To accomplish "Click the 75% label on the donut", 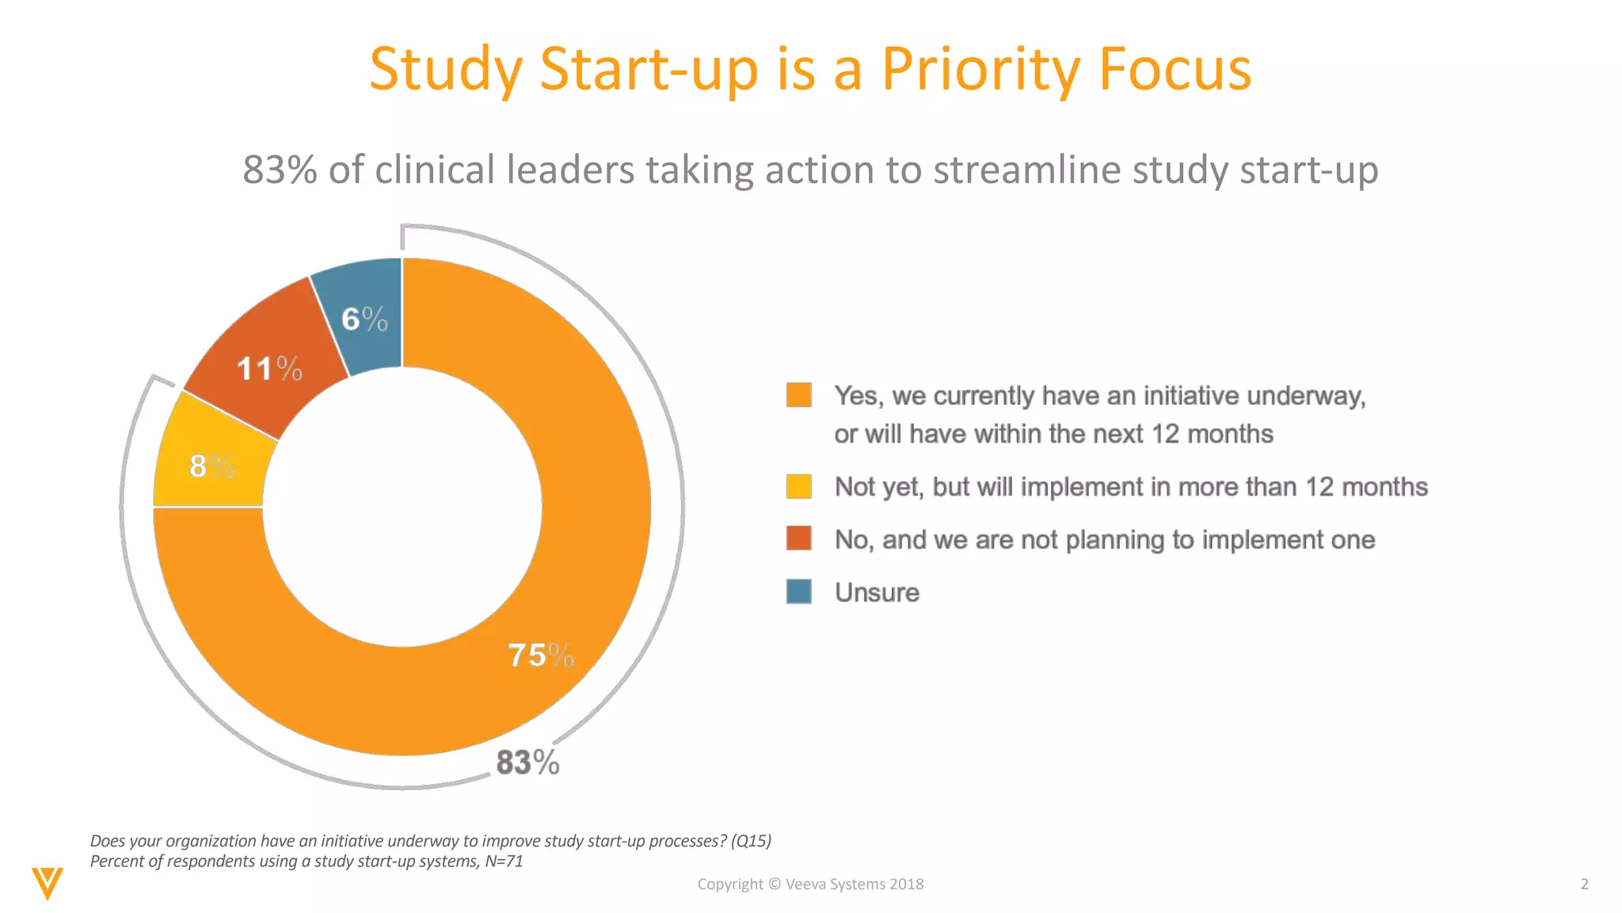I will point(540,655).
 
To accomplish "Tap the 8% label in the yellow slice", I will point(212,466).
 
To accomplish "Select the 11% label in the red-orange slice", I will point(269,369).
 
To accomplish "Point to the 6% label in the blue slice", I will point(364,319).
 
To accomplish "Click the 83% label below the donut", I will point(527,762).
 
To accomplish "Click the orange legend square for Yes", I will point(798,395).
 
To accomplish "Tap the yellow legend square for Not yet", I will point(798,487).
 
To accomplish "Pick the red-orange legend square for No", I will point(798,538).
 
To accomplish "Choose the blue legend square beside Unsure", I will point(798,591).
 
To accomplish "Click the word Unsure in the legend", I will point(877,593).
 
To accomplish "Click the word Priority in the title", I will point(980,70).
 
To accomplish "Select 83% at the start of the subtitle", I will point(280,170).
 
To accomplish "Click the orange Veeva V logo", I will point(48,882).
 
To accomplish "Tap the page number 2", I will point(1584,884).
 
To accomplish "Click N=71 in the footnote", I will point(504,861).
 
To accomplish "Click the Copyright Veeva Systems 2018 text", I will point(810,884).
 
